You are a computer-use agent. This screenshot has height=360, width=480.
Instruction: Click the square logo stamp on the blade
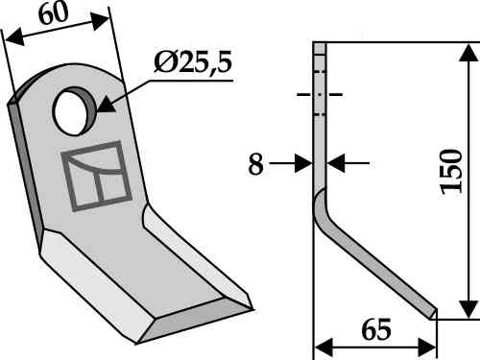tap(96, 176)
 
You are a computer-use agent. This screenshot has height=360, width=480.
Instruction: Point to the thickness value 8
tap(254, 164)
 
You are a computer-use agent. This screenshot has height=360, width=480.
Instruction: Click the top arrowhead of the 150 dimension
tap(468, 48)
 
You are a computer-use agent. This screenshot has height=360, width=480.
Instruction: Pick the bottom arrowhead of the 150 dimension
tap(468, 309)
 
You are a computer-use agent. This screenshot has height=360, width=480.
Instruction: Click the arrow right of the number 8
tap(305, 164)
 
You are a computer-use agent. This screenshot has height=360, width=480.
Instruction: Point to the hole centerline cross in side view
tap(321, 95)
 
